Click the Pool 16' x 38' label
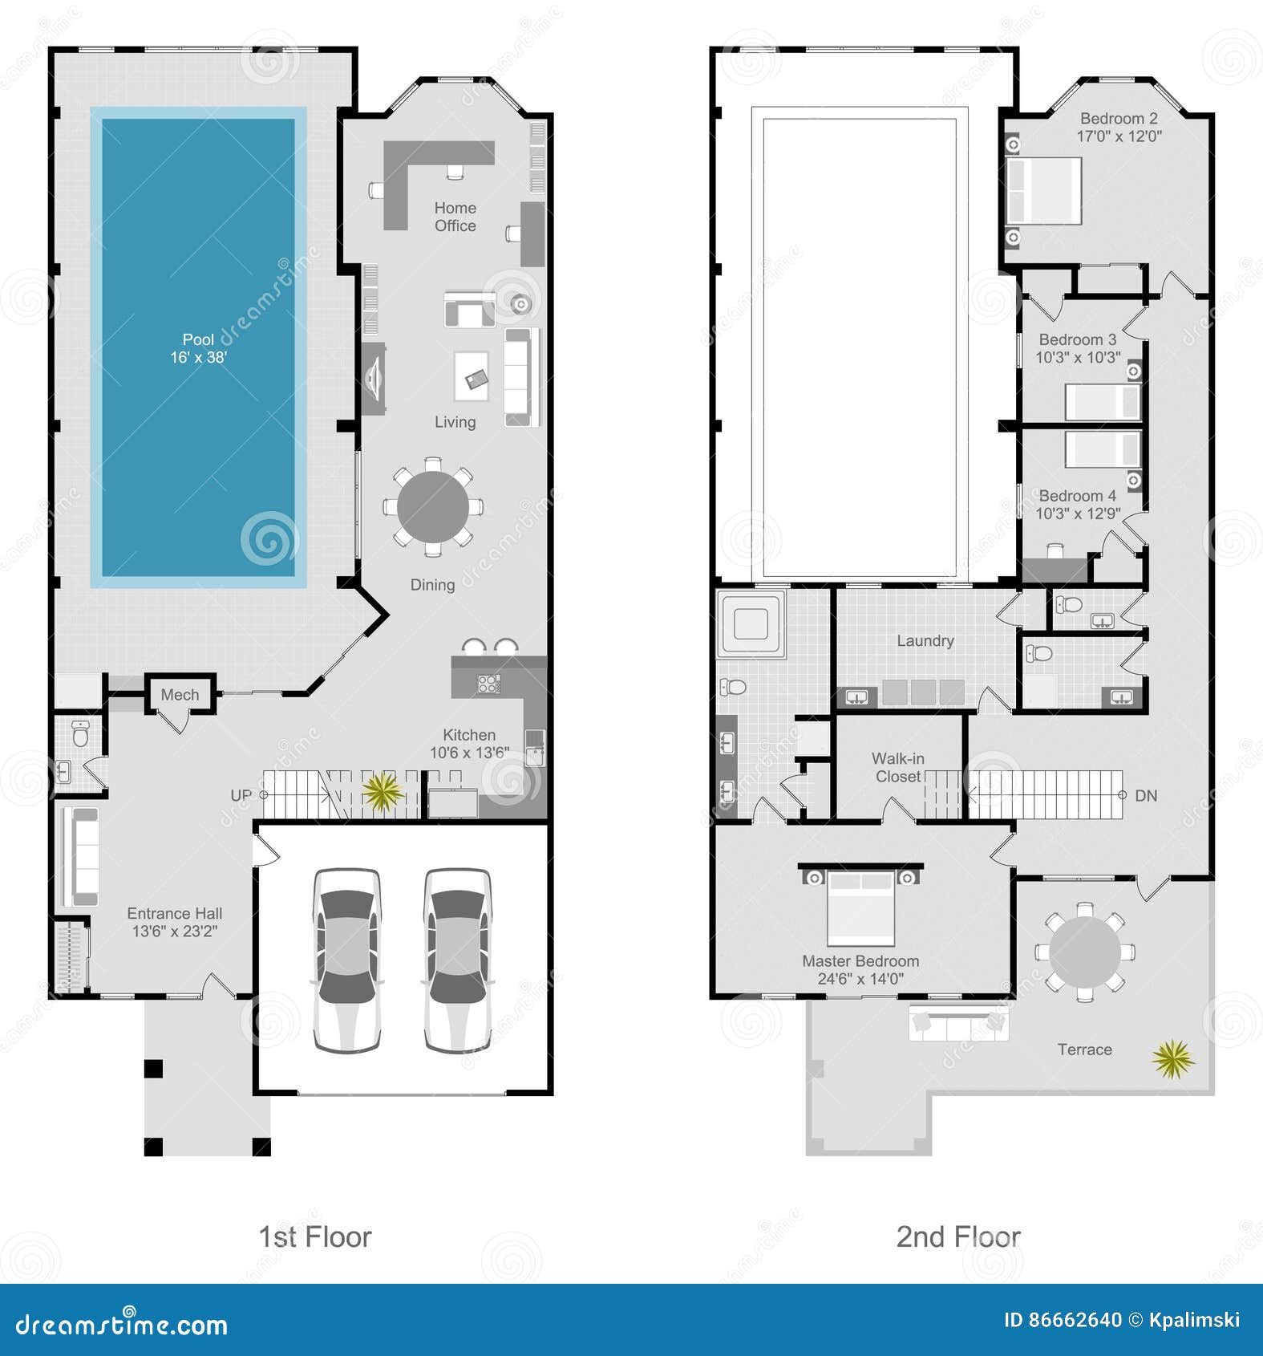pyautogui.click(x=198, y=348)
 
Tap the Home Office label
pyautogui.click(x=455, y=217)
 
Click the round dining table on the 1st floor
pyautogui.click(x=433, y=507)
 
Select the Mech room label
pyautogui.click(x=180, y=695)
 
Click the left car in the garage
pyautogui.click(x=346, y=959)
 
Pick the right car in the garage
pyautogui.click(x=457, y=959)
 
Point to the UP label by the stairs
pyautogui.click(x=241, y=795)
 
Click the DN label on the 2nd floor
pyautogui.click(x=1146, y=796)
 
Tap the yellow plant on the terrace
pyautogui.click(x=1173, y=1058)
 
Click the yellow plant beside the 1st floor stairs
pyautogui.click(x=382, y=792)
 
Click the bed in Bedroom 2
pyautogui.click(x=1044, y=190)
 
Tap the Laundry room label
pyautogui.click(x=925, y=640)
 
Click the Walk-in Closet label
pyautogui.click(x=898, y=767)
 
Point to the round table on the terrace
pyautogui.click(x=1085, y=952)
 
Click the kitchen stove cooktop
pyautogui.click(x=488, y=684)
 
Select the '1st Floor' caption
pyautogui.click(x=315, y=1236)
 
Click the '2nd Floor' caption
pyautogui.click(x=958, y=1236)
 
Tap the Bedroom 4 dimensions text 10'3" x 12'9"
pyautogui.click(x=1078, y=514)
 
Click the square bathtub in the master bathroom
pyautogui.click(x=751, y=624)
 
